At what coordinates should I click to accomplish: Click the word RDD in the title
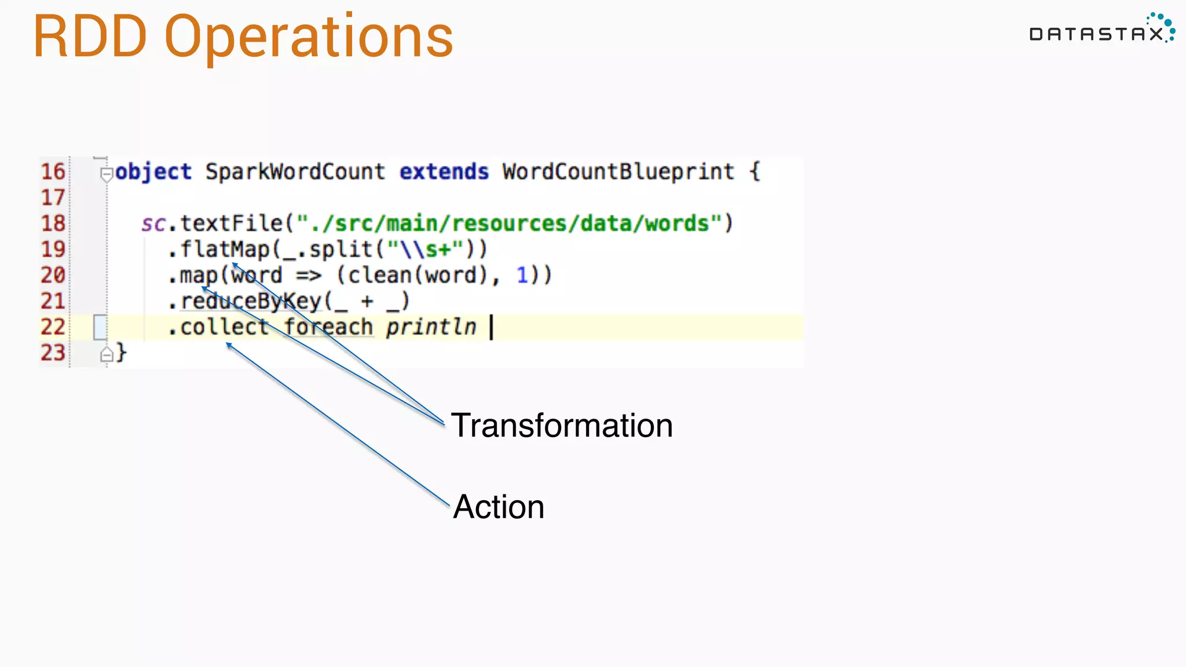click(90, 37)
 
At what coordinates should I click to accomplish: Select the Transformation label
click(562, 426)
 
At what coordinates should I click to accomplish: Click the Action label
click(499, 507)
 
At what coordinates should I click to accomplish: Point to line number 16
click(53, 172)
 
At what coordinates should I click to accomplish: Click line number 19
click(53, 250)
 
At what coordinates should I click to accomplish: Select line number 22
click(53, 327)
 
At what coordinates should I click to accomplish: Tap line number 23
click(53, 353)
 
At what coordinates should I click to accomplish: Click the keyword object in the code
click(153, 172)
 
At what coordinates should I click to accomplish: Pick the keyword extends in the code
click(444, 172)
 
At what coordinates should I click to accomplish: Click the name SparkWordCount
click(295, 172)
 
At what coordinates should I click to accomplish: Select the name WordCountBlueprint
click(618, 172)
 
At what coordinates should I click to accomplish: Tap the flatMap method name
click(225, 250)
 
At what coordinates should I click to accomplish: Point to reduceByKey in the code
click(251, 301)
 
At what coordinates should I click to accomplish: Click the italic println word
click(431, 327)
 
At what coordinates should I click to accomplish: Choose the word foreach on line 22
click(328, 327)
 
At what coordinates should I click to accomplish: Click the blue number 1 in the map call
click(522, 275)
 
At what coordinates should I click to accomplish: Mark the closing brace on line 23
click(121, 352)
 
